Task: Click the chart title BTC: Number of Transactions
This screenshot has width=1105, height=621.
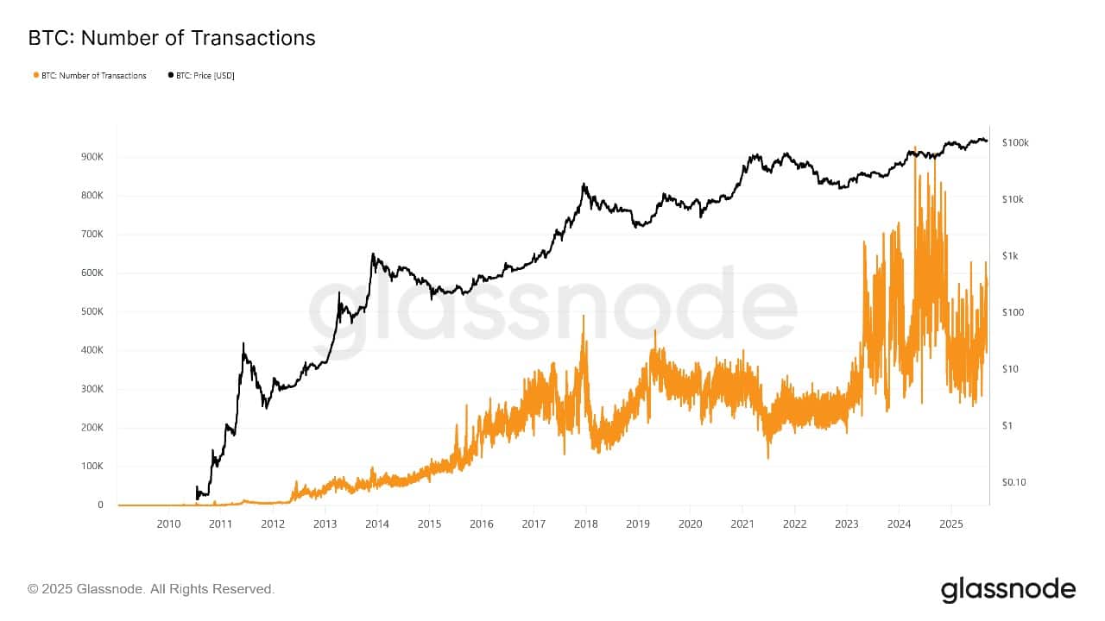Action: pos(172,38)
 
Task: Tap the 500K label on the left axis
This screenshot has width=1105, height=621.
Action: pos(92,312)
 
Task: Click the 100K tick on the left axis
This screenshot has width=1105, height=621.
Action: pos(92,467)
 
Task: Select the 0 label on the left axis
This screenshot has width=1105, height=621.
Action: pos(101,505)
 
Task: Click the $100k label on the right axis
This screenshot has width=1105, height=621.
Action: pos(1015,142)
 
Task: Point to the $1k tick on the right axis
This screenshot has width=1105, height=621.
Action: pos(1012,256)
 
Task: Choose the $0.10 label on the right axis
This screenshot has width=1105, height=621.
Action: pos(1013,483)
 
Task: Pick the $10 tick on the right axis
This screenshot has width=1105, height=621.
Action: pos(1012,369)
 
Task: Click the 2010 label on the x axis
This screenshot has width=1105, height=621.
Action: pos(168,524)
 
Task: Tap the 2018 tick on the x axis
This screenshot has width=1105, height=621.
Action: pos(585,524)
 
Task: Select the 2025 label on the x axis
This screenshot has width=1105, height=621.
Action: pos(950,524)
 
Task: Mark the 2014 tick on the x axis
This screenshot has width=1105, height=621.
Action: pos(377,524)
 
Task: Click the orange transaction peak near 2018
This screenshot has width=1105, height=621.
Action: pos(584,317)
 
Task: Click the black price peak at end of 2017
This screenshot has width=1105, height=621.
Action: pos(584,184)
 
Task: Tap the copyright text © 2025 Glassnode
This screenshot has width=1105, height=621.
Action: pos(151,589)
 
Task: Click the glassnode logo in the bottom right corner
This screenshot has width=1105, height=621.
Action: pos(1008,590)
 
